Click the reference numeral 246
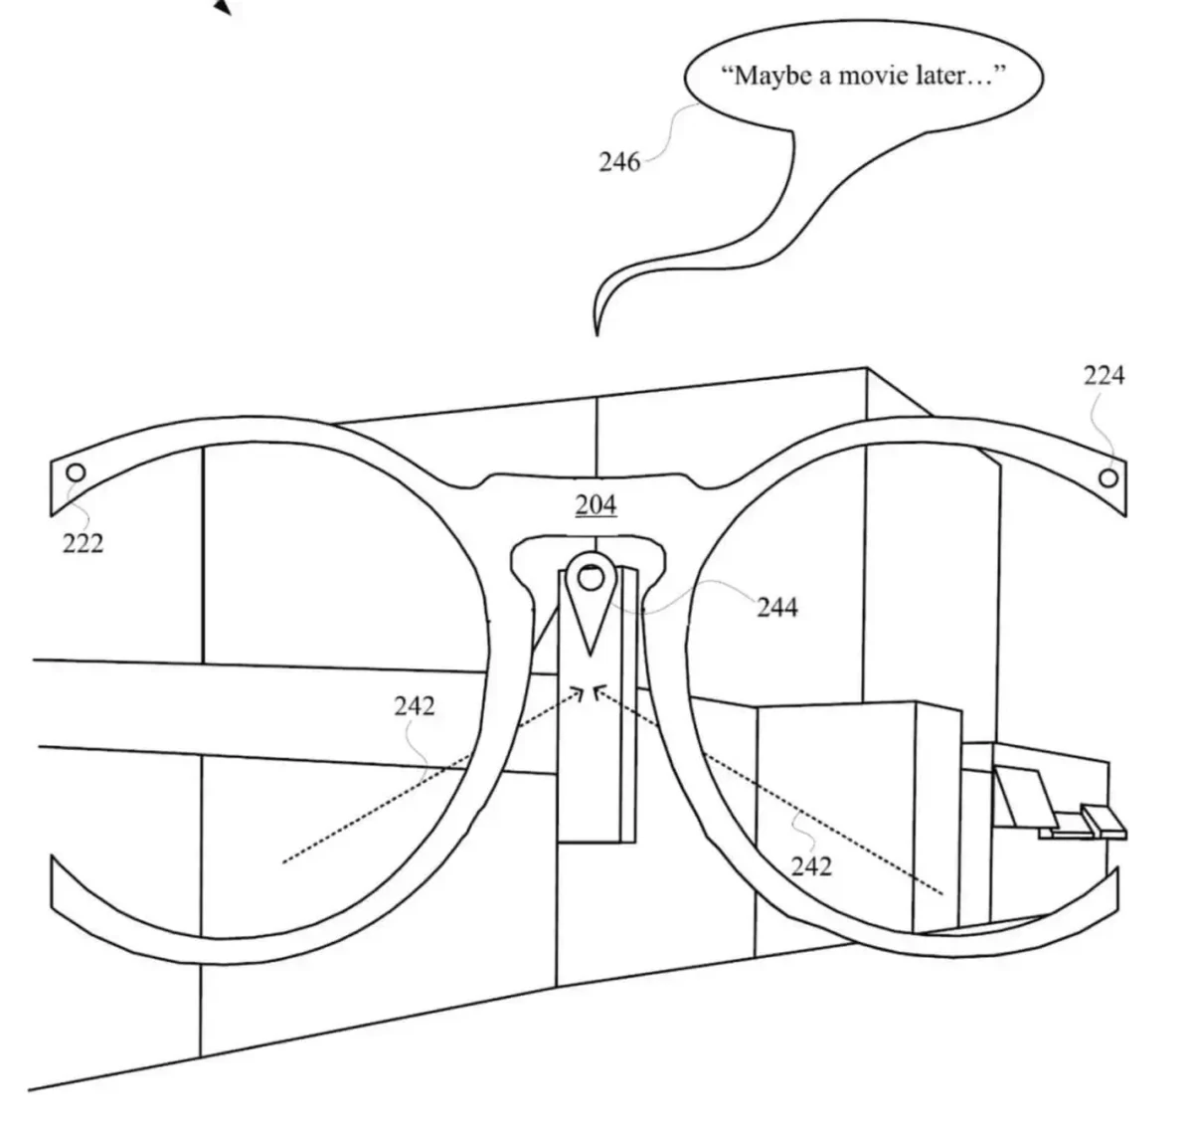618,161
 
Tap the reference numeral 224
1104,375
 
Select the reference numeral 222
83,543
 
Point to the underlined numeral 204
596,505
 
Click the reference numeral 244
776,607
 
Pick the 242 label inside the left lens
414,705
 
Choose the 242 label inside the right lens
811,866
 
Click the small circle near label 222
76,473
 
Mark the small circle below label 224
1108,477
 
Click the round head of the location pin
590,574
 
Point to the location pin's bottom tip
592,653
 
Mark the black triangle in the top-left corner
224,7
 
